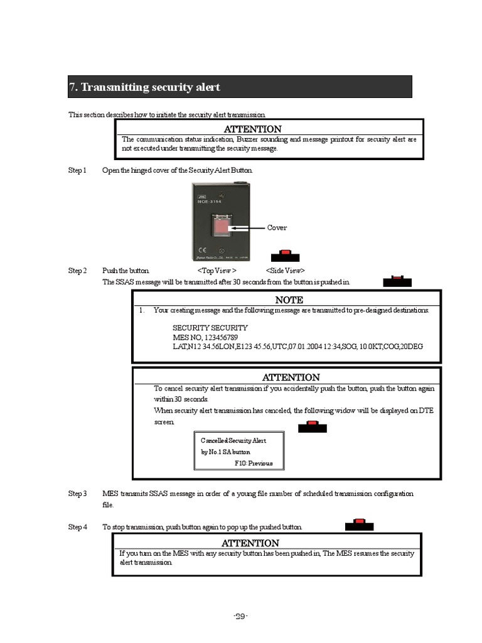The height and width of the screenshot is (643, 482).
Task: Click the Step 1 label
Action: click(77, 171)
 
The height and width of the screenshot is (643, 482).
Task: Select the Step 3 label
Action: click(77, 494)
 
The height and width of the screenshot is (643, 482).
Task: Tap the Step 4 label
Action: click(77, 527)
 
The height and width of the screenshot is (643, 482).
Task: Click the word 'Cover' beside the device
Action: click(277, 227)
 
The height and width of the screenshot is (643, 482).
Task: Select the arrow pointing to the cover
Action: click(248, 227)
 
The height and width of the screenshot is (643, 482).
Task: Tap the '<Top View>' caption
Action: click(217, 271)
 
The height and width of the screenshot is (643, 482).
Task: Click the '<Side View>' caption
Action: click(286, 271)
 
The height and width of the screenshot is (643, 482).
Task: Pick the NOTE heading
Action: click(289, 300)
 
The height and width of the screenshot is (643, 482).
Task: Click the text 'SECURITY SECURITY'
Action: click(210, 328)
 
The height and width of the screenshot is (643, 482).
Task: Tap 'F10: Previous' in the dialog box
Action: click(254, 463)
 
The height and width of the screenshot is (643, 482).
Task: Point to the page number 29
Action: click(241, 616)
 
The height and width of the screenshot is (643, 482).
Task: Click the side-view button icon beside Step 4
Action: click(359, 524)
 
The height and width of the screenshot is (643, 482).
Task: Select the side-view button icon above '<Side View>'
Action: click(285, 255)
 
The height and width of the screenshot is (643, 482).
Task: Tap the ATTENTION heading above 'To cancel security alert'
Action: click(291, 377)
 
